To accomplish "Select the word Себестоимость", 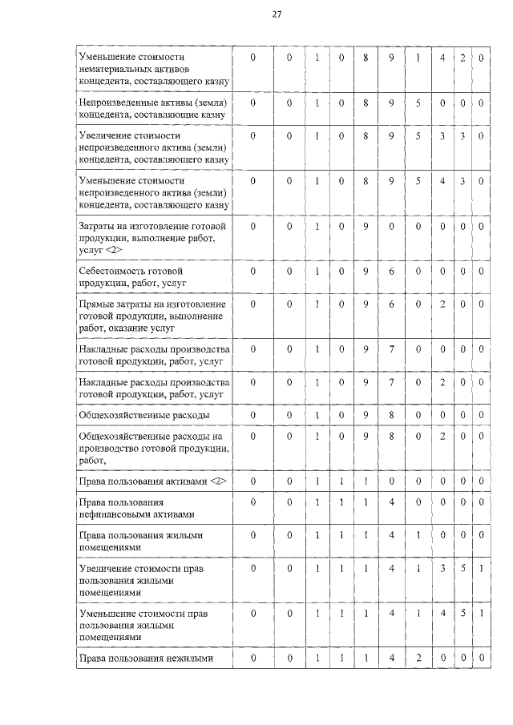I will tap(115, 272).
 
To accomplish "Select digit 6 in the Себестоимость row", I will tap(392, 272).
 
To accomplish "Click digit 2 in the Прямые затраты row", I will tap(442, 304).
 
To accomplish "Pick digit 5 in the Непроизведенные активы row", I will tap(418, 103).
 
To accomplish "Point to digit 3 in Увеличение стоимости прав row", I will tap(442, 568).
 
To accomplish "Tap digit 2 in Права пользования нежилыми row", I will tap(418, 659).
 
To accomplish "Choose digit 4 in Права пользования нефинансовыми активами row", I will tap(392, 502).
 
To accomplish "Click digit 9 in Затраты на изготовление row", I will tap(366, 227).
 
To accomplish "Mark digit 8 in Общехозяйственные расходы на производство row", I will tap(392, 436).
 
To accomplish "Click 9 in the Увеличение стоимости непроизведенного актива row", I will tap(392, 136).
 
